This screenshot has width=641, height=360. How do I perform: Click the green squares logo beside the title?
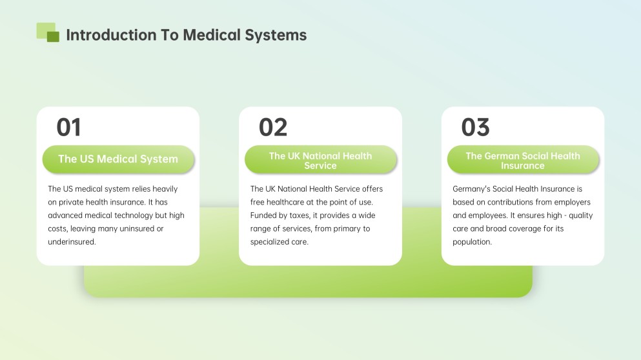click(48, 32)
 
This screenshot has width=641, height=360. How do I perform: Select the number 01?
click(69, 127)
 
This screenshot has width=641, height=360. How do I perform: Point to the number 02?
click(272, 127)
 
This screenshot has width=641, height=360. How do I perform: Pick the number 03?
click(475, 127)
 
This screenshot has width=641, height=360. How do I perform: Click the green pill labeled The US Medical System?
click(118, 159)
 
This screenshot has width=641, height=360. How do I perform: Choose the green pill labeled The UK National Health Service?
click(320, 160)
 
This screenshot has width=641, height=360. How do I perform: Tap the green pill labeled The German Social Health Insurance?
click(523, 160)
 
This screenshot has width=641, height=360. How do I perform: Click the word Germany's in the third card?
click(472, 189)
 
